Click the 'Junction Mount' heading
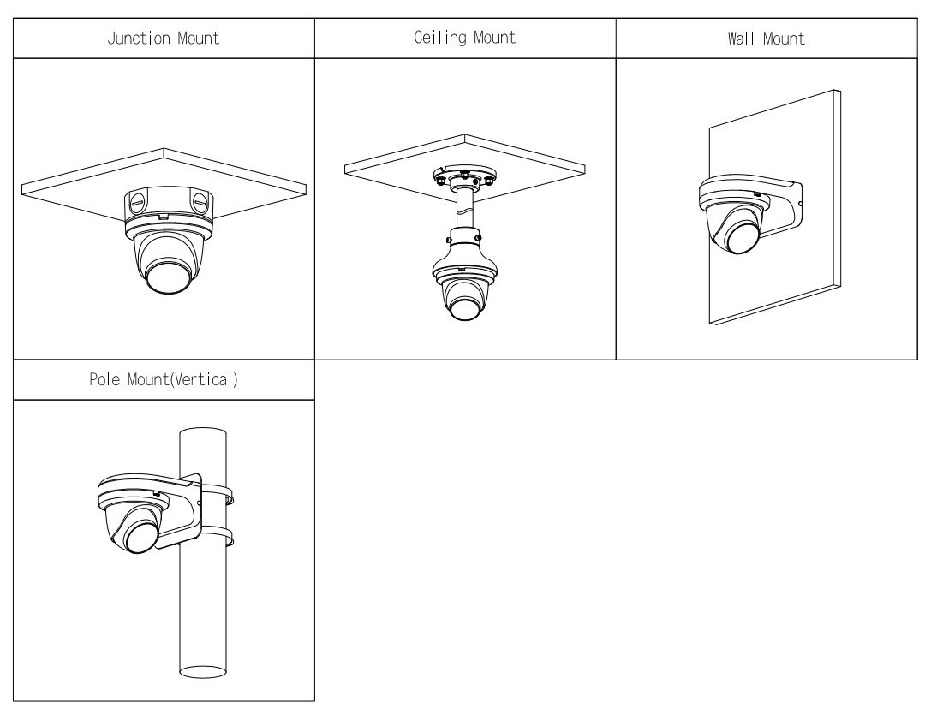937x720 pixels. tap(164, 39)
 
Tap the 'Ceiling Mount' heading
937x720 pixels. tap(465, 39)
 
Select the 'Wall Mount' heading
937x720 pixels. tap(767, 39)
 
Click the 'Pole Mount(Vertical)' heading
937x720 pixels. tap(164, 381)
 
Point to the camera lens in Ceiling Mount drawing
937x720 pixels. tap(463, 306)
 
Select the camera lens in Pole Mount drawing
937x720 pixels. tap(141, 537)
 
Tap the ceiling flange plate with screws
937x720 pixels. tap(463, 178)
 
